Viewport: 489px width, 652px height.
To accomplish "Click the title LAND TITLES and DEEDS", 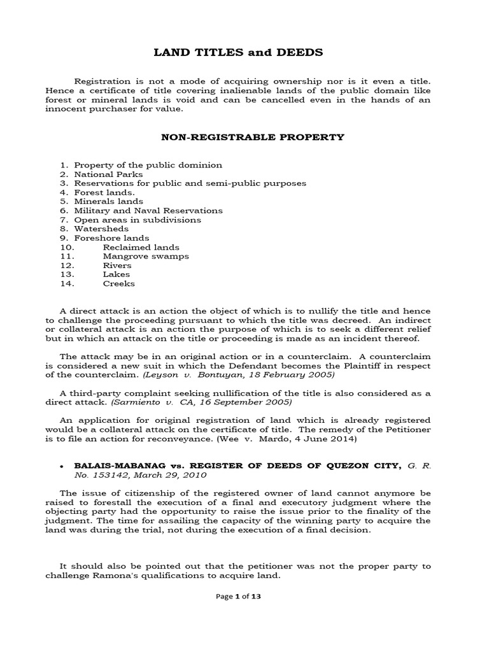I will pos(239,53).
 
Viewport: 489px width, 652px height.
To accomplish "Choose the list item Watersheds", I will pos(101,229).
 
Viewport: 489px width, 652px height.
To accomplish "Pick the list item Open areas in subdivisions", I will pos(137,220).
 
